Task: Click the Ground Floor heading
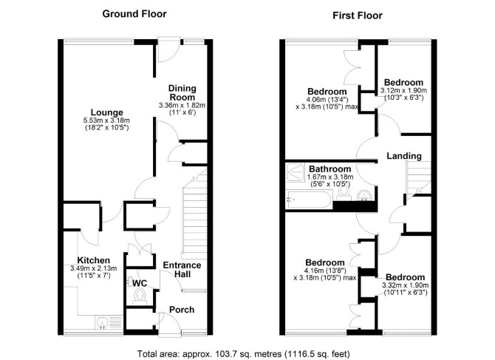(134, 14)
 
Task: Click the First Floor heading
(358, 16)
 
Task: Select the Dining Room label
(182, 92)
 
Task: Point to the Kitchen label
(93, 260)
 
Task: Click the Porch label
(182, 310)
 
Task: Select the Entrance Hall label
(182, 269)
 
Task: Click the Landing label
(404, 156)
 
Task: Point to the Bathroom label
(330, 169)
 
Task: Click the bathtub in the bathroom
(309, 200)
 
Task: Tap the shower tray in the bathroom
(296, 172)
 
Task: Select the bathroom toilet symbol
(344, 193)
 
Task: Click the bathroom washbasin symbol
(365, 195)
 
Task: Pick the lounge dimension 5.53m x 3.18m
(106, 120)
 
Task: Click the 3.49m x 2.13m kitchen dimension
(93, 268)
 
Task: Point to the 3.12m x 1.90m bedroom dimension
(404, 91)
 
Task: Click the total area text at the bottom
(243, 353)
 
